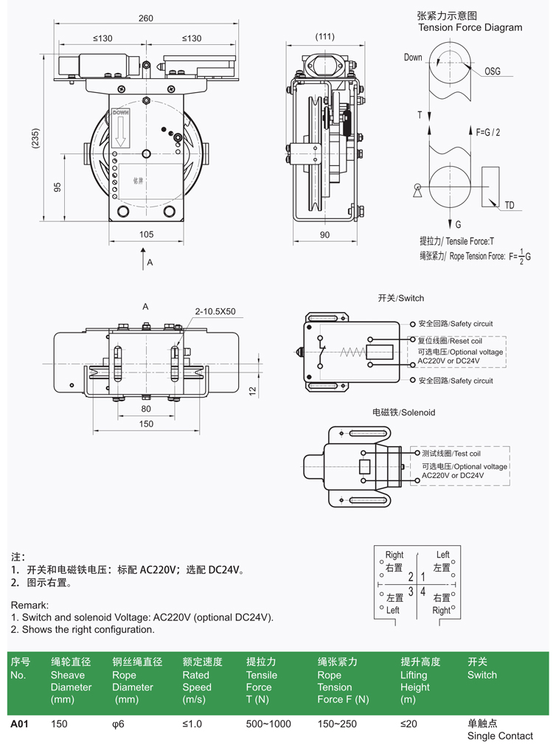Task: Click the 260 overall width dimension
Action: click(146, 18)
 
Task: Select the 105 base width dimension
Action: click(146, 234)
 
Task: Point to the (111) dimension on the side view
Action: click(324, 37)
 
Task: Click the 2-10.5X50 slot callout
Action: click(215, 311)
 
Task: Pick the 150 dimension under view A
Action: click(146, 423)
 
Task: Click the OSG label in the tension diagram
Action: click(492, 72)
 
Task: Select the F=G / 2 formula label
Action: click(488, 132)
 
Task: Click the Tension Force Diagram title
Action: click(470, 27)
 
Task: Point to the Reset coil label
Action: click(456, 341)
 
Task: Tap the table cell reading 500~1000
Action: click(268, 724)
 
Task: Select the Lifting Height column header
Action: click(415, 680)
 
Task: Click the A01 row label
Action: click(19, 724)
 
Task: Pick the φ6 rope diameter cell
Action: click(118, 724)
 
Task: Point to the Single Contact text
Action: click(500, 735)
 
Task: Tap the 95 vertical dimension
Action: click(58, 187)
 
